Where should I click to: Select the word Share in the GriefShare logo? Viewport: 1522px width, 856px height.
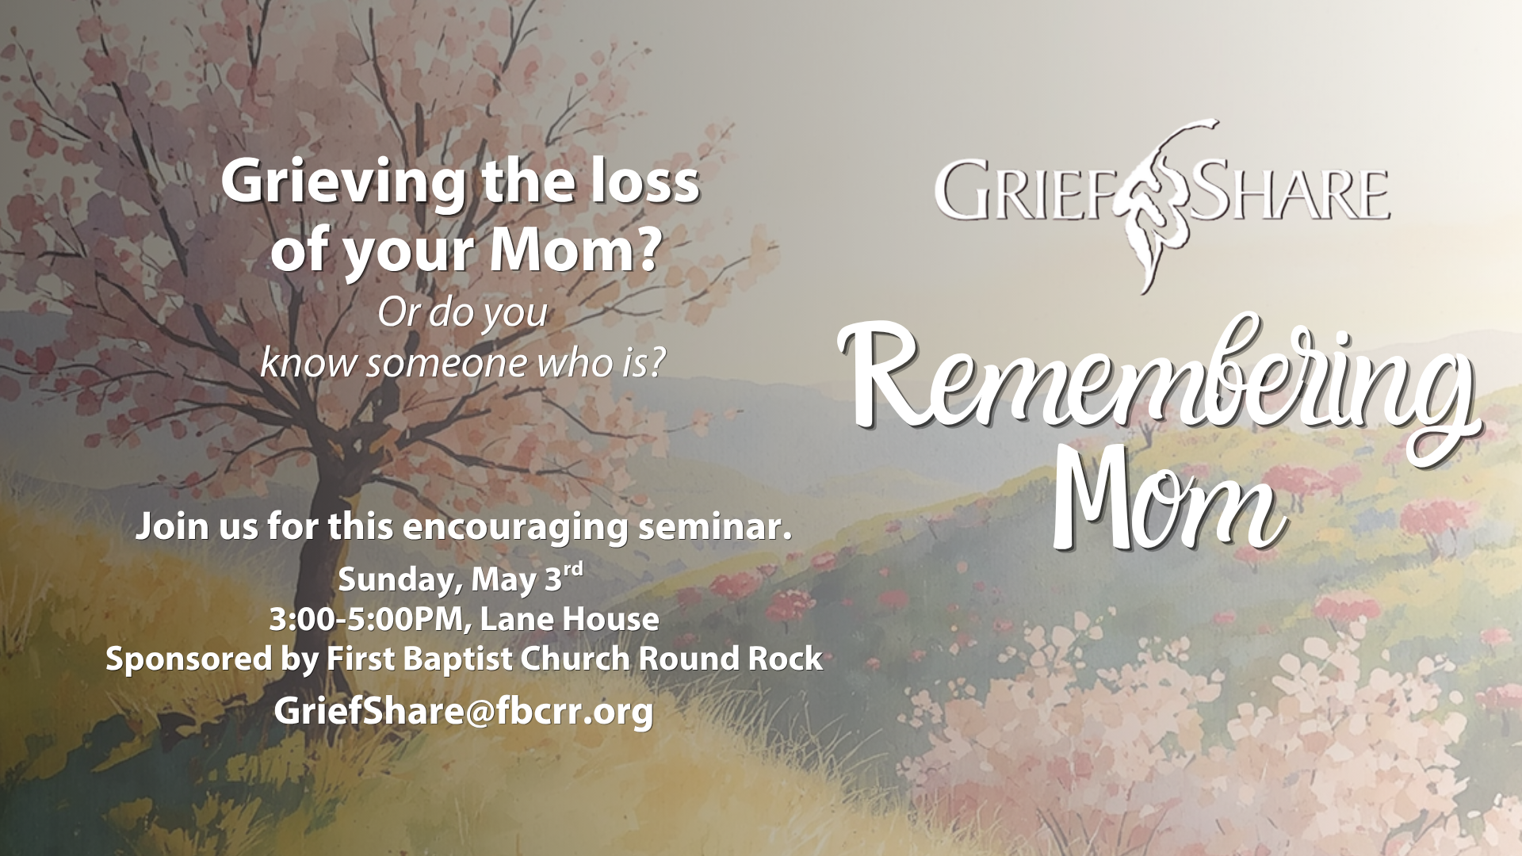[1287, 192]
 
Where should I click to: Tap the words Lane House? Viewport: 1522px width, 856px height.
[569, 619]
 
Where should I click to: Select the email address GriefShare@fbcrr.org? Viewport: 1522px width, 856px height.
[464, 711]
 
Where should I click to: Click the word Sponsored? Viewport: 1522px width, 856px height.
[189, 659]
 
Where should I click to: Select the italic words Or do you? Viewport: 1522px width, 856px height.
[462, 313]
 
